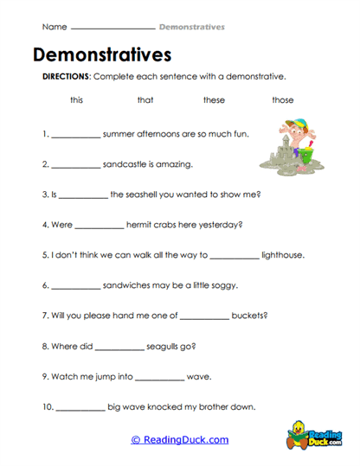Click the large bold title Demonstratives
(x=102, y=55)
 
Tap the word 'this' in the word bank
(x=77, y=100)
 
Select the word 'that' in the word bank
(x=145, y=100)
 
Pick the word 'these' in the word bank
(x=214, y=100)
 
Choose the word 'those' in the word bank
(x=283, y=100)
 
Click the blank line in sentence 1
(x=75, y=137)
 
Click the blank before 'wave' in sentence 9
(x=160, y=379)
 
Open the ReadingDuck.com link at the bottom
(x=179, y=440)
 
